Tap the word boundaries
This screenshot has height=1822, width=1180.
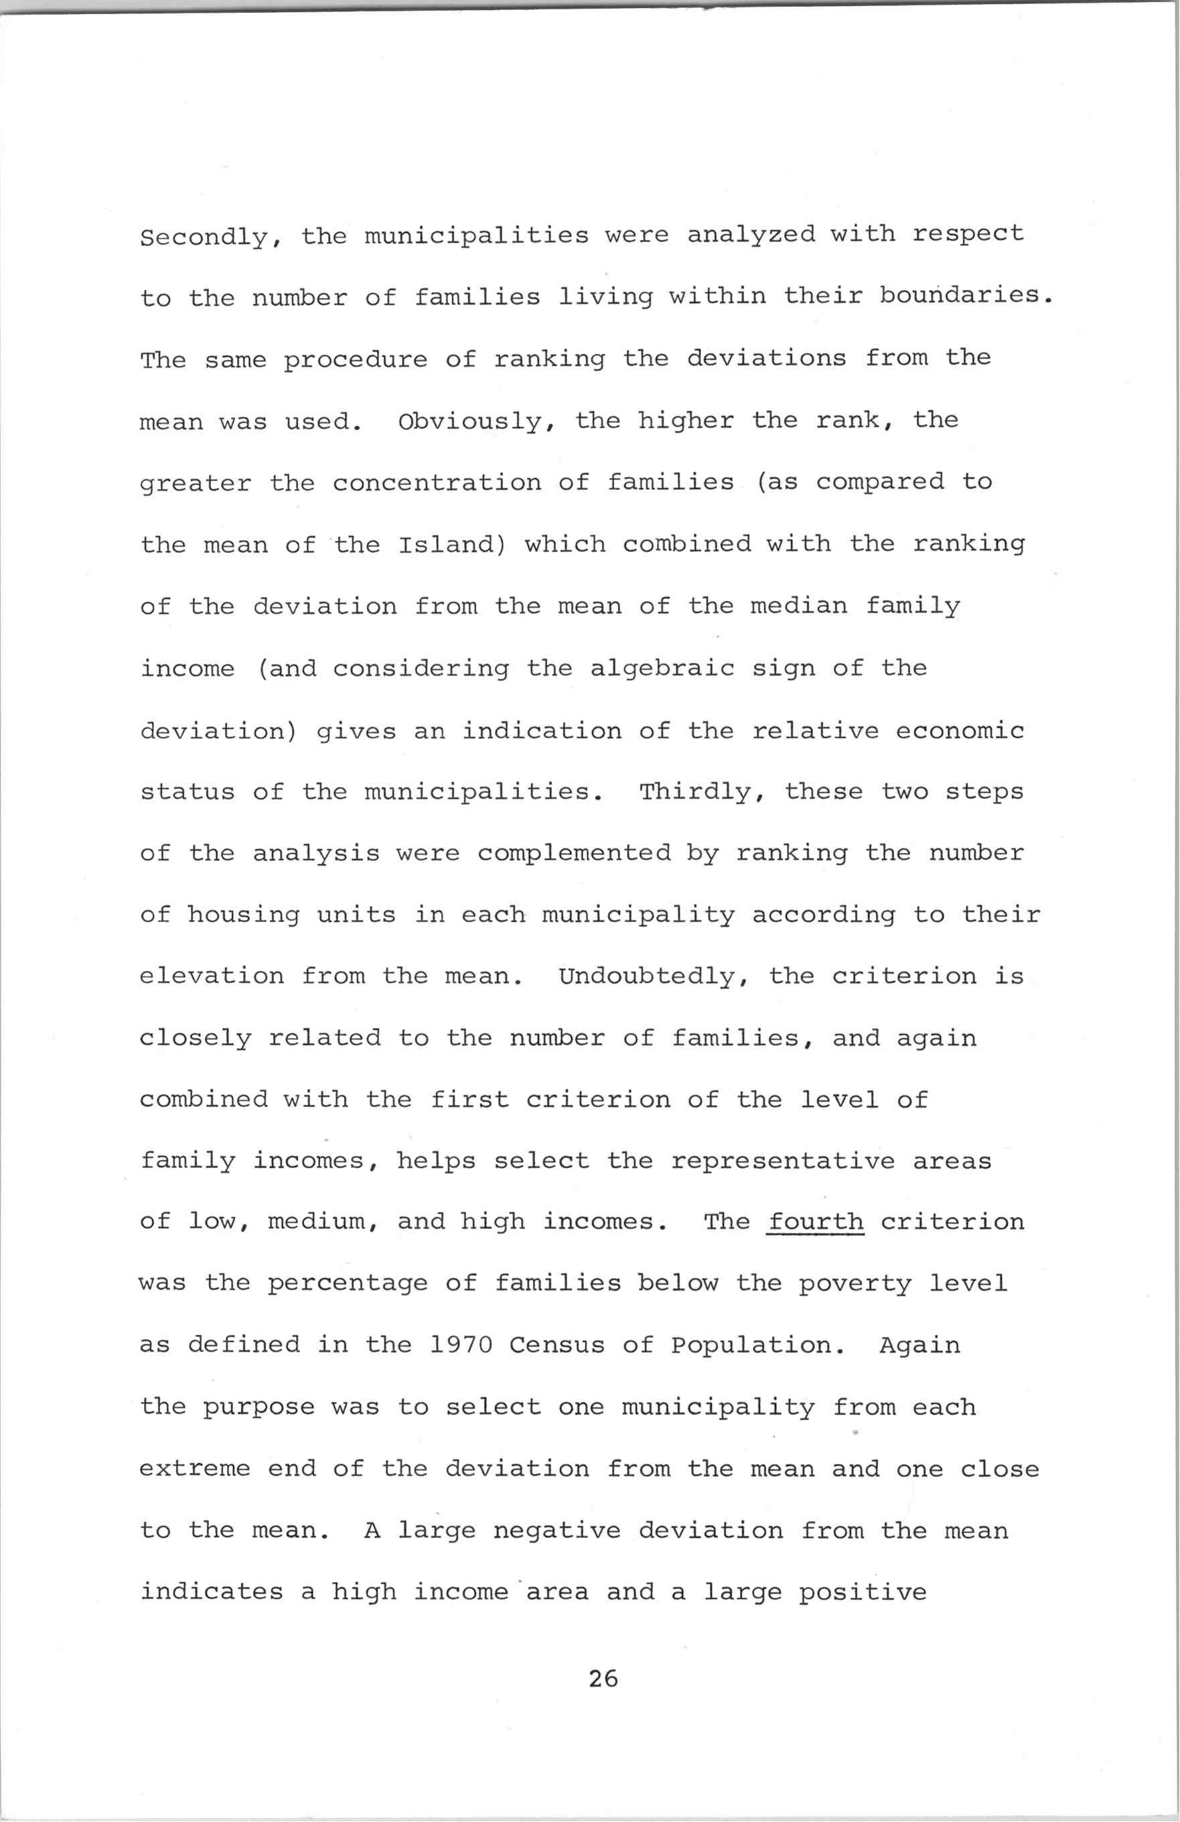coord(960,296)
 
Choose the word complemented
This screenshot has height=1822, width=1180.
coord(574,854)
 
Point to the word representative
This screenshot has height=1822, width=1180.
coord(782,1162)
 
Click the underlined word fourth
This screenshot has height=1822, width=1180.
coord(816,1222)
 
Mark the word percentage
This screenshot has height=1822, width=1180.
coord(348,1285)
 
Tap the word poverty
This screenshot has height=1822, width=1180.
coord(855,1285)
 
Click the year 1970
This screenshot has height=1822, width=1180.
coord(461,1345)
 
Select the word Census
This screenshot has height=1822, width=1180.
coord(557,1345)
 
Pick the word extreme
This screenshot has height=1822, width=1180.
coord(195,1470)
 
